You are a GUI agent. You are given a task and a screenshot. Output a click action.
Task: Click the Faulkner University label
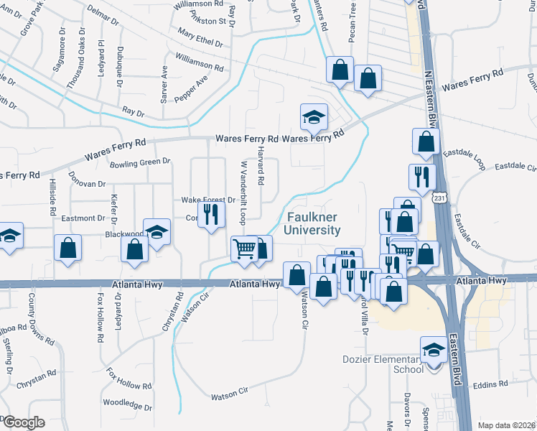coord(313,223)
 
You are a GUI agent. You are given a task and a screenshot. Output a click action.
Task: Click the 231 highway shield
coord(441,196)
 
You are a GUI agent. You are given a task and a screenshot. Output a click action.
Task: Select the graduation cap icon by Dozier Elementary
coord(433,350)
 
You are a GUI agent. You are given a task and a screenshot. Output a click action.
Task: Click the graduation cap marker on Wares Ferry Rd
coord(313,117)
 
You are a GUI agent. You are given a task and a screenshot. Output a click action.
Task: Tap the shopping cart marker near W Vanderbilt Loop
coord(245,249)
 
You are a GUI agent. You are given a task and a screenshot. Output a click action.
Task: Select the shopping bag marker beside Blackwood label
coord(135,249)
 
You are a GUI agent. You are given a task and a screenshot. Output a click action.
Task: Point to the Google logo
coord(24,422)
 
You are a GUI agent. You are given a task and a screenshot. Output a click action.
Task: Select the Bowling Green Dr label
coord(140,163)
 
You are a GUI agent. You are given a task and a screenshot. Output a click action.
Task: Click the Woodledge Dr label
coord(128,406)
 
